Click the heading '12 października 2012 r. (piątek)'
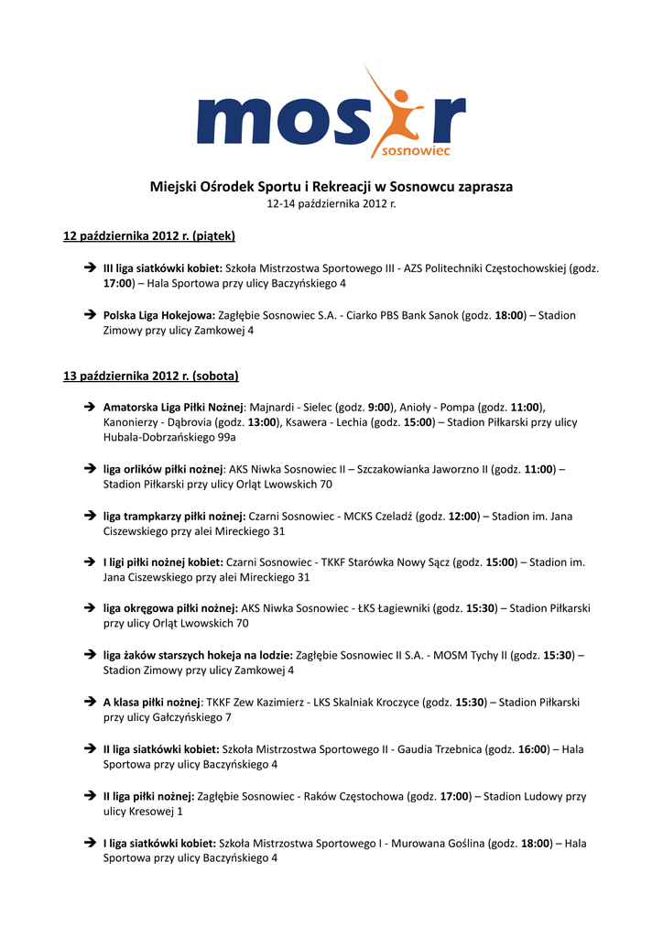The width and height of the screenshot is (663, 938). [x=148, y=236]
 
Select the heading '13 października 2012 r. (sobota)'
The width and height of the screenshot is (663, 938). [x=150, y=376]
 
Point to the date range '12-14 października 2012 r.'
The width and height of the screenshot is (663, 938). [x=331, y=203]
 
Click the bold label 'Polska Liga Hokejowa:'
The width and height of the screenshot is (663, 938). [x=158, y=315]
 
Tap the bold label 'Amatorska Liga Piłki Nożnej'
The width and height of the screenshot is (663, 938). [x=173, y=407]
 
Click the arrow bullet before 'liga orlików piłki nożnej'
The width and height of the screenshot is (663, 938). [x=90, y=469]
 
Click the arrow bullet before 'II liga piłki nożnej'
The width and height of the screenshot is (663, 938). [x=90, y=796]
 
